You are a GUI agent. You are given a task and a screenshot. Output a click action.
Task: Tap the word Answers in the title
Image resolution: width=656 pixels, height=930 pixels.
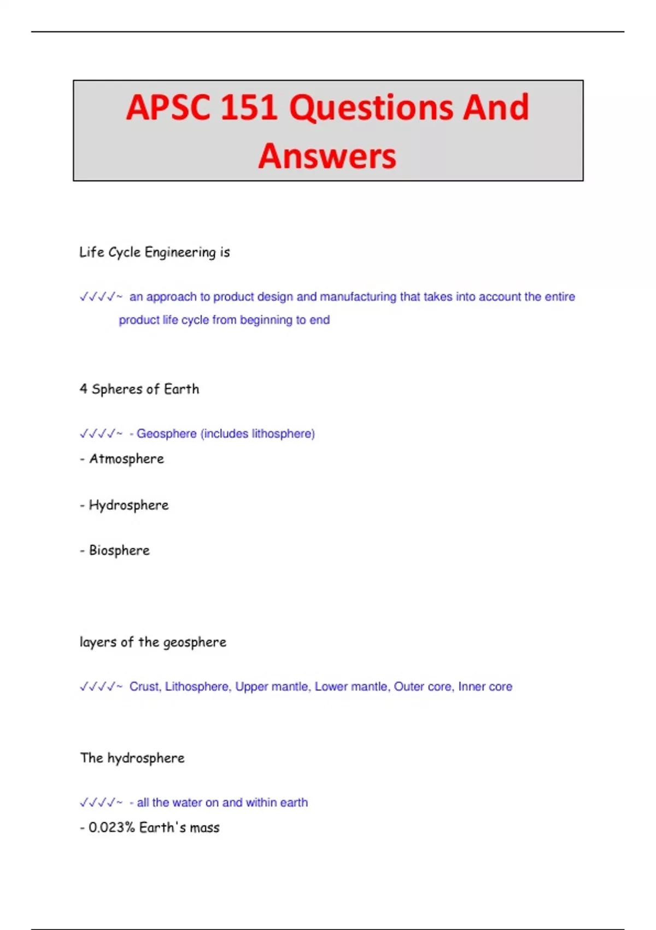[327, 156]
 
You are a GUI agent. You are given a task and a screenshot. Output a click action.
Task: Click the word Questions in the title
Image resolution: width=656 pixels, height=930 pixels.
[371, 107]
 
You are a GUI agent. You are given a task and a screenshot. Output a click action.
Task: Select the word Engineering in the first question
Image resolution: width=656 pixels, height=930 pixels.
[180, 253]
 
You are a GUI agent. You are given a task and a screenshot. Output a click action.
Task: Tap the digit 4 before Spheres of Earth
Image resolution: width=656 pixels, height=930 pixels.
[83, 389]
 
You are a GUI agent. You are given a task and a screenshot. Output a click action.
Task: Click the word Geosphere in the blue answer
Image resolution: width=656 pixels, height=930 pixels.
[166, 434]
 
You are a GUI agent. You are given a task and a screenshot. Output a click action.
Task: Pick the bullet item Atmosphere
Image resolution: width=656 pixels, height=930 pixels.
[126, 459]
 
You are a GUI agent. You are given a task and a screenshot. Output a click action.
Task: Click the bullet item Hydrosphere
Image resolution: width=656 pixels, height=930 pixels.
[128, 505]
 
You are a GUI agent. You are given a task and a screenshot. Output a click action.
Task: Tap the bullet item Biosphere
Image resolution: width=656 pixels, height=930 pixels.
[119, 550]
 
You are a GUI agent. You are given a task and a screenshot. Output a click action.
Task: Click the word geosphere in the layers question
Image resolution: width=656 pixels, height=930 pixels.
[195, 642]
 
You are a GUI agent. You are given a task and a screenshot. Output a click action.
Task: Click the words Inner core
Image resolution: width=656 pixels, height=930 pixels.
[485, 687]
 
